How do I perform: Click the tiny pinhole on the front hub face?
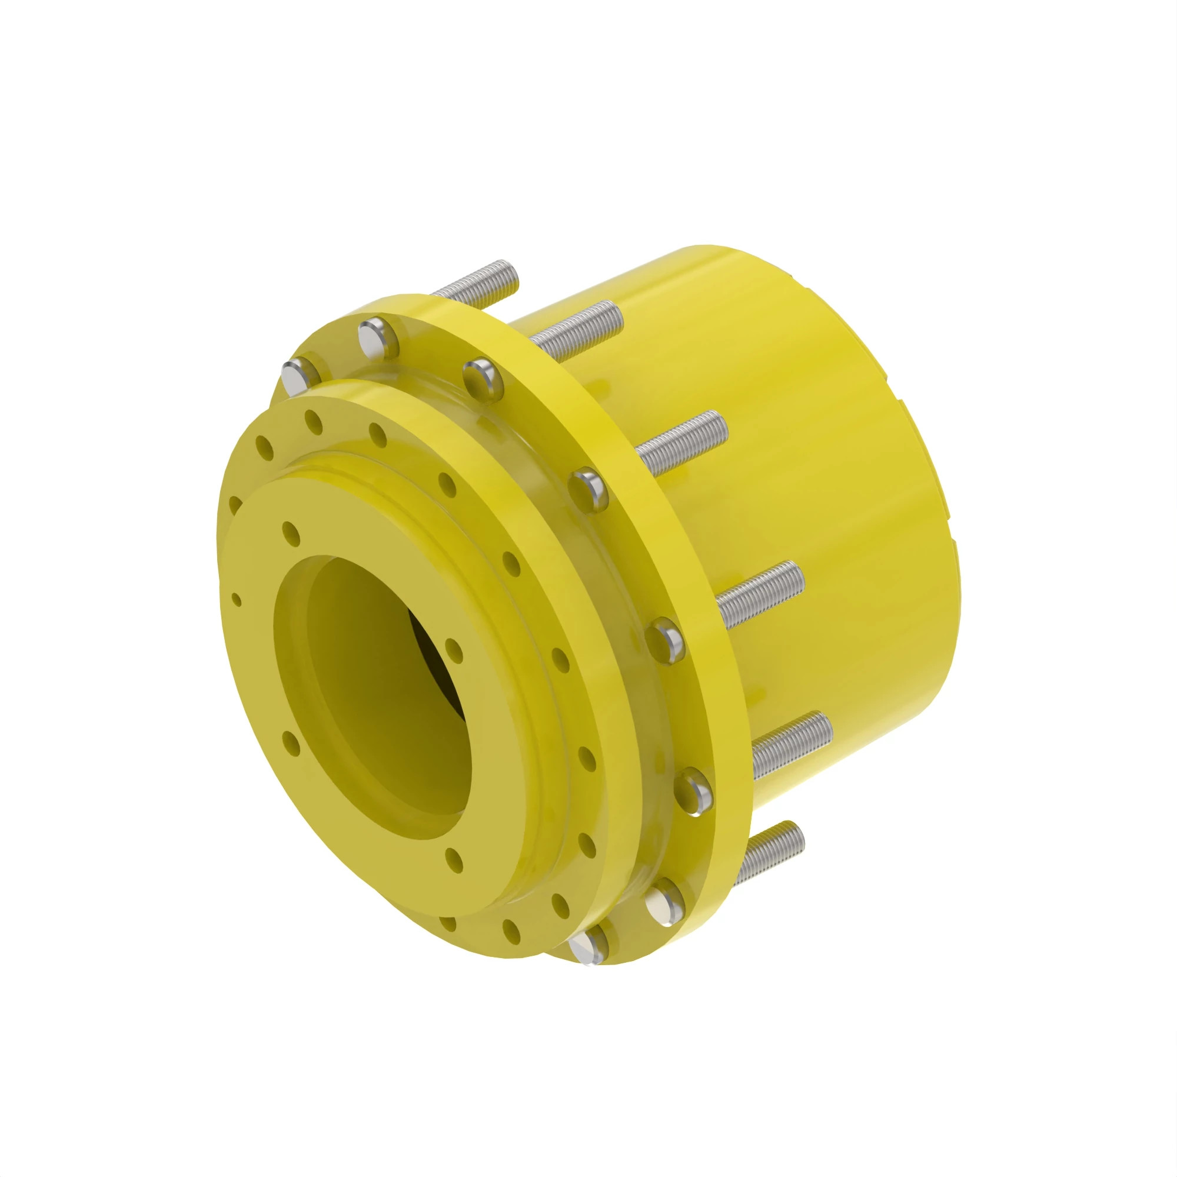(237, 601)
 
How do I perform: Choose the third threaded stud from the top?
(682, 435)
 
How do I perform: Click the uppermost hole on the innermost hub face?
(291, 533)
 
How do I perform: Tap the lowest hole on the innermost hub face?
(454, 859)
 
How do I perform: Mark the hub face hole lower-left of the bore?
(291, 744)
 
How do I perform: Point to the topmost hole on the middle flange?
(314, 421)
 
